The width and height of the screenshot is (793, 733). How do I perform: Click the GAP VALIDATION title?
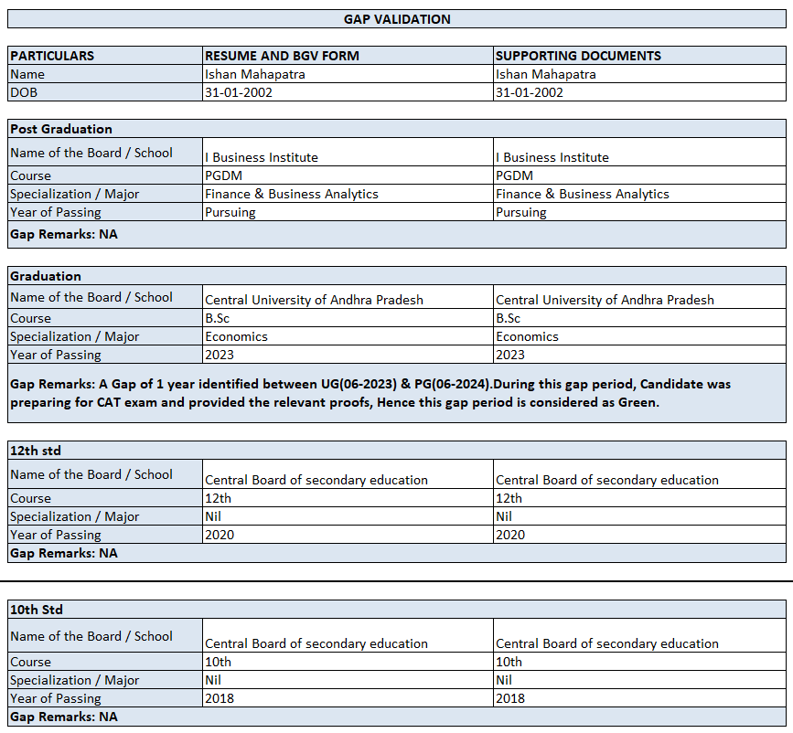click(397, 18)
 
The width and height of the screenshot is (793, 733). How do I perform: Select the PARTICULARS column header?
click(52, 56)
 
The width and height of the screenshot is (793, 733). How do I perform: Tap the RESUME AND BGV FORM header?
click(282, 56)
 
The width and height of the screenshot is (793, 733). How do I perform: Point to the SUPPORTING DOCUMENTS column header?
click(578, 56)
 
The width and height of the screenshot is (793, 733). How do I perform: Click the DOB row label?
click(25, 92)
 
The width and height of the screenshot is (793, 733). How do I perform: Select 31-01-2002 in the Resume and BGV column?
click(239, 92)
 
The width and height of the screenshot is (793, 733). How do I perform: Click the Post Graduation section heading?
click(61, 129)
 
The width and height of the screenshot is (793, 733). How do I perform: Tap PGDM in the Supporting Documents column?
click(514, 175)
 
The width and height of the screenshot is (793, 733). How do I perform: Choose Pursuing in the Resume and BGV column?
click(230, 212)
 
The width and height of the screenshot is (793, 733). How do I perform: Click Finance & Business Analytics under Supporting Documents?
click(582, 194)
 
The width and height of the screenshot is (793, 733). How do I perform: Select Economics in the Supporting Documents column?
click(527, 336)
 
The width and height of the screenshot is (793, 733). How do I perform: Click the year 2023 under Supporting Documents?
click(510, 355)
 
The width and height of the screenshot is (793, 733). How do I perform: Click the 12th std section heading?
click(36, 451)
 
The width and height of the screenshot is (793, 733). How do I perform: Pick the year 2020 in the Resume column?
click(220, 535)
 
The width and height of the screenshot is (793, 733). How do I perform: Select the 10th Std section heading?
click(37, 610)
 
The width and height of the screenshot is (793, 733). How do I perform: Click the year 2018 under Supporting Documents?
click(510, 698)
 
